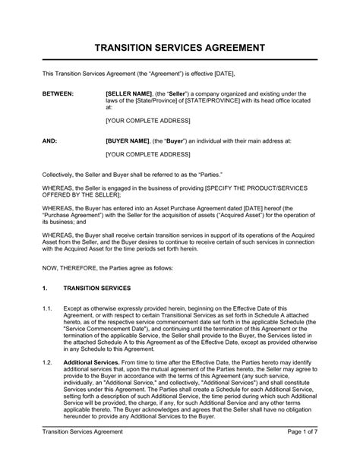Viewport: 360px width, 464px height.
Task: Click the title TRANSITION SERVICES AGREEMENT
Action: pyautogui.click(x=180, y=48)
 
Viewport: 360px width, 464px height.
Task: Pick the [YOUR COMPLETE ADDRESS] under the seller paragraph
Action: pyautogui.click(x=147, y=122)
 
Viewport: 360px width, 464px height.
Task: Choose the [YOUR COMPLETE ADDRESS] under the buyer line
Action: pyautogui.click(x=147, y=155)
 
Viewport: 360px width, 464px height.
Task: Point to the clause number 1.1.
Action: pyautogui.click(x=47, y=288)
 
